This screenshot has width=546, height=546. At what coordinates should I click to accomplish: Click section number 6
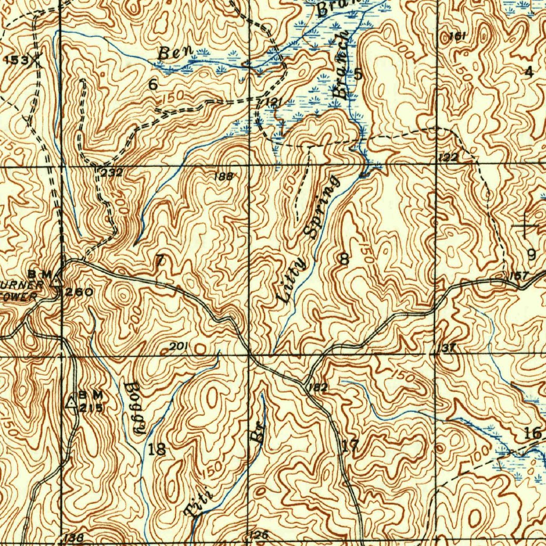[x=154, y=84]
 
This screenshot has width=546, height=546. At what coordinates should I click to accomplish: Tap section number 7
[x=159, y=260]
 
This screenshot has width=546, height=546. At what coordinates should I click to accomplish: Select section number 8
[x=344, y=260]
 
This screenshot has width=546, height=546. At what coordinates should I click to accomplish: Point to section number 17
[x=350, y=446]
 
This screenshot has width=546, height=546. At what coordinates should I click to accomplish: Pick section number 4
[x=528, y=72]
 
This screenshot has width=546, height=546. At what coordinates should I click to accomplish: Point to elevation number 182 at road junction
[x=318, y=388]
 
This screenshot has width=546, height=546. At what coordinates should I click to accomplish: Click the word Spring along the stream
[x=320, y=207]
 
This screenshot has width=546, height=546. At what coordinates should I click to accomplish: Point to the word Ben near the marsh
[x=171, y=53]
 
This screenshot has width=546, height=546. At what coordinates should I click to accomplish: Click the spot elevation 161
[x=457, y=36]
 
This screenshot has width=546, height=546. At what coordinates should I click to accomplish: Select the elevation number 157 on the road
[x=518, y=276]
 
